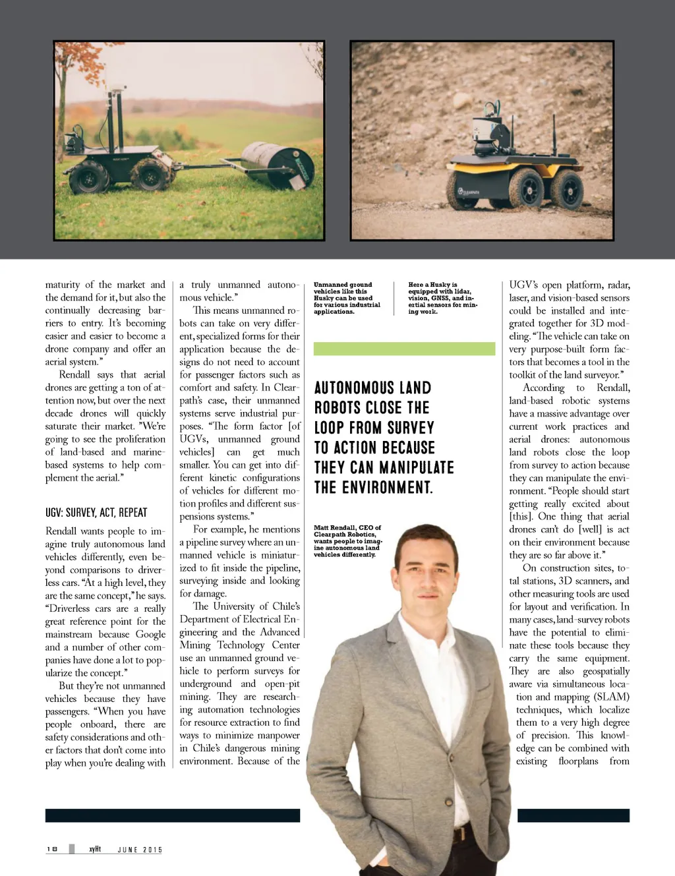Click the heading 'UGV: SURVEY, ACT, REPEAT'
click(96, 513)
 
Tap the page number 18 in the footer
click(52, 849)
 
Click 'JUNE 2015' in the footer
click(140, 850)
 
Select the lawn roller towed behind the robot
click(278, 164)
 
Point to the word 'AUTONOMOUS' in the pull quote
click(372, 388)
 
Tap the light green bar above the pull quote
click(404, 349)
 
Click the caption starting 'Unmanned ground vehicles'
click(347, 298)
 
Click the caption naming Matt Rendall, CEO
click(347, 540)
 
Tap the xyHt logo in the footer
click(95, 849)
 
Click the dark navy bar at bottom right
click(573, 815)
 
